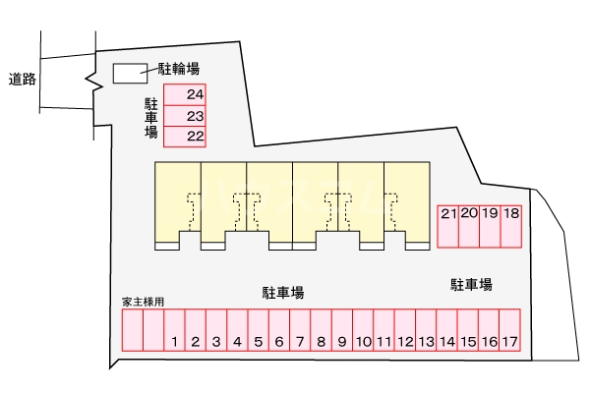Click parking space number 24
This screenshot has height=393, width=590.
pyautogui.click(x=184, y=94)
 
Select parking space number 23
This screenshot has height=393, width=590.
pyautogui.click(x=184, y=115)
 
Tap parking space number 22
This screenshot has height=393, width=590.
pyautogui.click(x=184, y=137)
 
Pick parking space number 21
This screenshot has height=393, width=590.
pyautogui.click(x=447, y=226)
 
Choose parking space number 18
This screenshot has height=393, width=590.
pyautogui.click(x=510, y=226)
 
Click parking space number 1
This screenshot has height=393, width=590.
pyautogui.click(x=174, y=331)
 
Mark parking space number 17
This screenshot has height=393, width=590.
pyautogui.click(x=508, y=331)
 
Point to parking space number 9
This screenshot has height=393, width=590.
pyautogui.click(x=341, y=331)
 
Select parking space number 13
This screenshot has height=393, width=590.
pyautogui.click(x=425, y=331)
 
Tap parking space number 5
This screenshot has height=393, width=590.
pyautogui.click(x=258, y=331)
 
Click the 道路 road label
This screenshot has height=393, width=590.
pyautogui.click(x=22, y=79)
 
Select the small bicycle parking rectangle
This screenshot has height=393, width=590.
pyautogui.click(x=128, y=73)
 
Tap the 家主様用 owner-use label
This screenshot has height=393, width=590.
pyautogui.click(x=143, y=302)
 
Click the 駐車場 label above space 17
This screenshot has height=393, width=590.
pyautogui.click(x=471, y=285)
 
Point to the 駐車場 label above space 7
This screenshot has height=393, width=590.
pyautogui.click(x=282, y=292)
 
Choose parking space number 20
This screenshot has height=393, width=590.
pyautogui.click(x=468, y=226)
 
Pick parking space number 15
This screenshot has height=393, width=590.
pyautogui.click(x=467, y=331)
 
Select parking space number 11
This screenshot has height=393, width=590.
pyautogui.click(x=383, y=331)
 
